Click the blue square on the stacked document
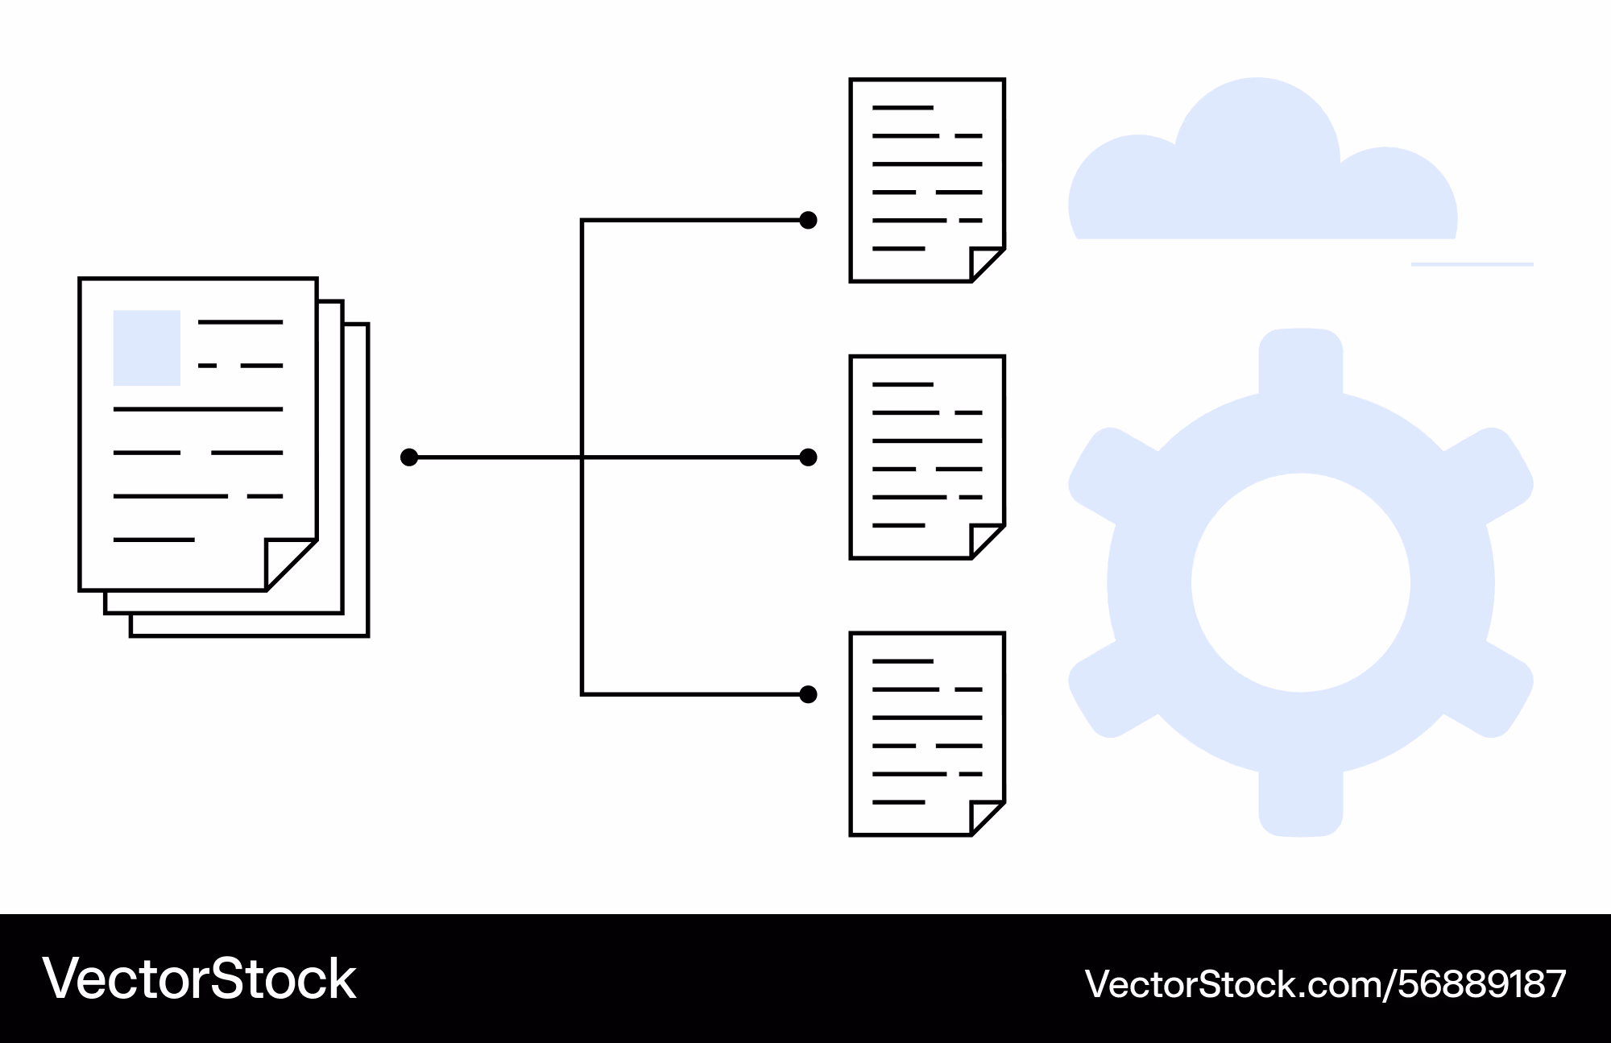pyautogui.click(x=147, y=348)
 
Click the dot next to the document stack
pyautogui.click(x=409, y=457)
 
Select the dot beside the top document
pyautogui.click(x=809, y=220)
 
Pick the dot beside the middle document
pyautogui.click(x=809, y=457)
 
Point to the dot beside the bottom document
pyautogui.click(x=809, y=694)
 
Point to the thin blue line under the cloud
pyautogui.click(x=1472, y=264)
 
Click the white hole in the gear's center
pyautogui.click(x=1301, y=582)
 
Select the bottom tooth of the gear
pyautogui.click(x=1301, y=804)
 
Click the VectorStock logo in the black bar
pyautogui.click(x=199, y=979)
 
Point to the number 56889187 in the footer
pyautogui.click(x=1482, y=984)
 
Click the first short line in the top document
pyautogui.click(x=903, y=108)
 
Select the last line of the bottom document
pyautogui.click(x=899, y=802)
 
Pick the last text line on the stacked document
pyautogui.click(x=154, y=540)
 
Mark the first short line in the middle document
pyautogui.click(x=903, y=384)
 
